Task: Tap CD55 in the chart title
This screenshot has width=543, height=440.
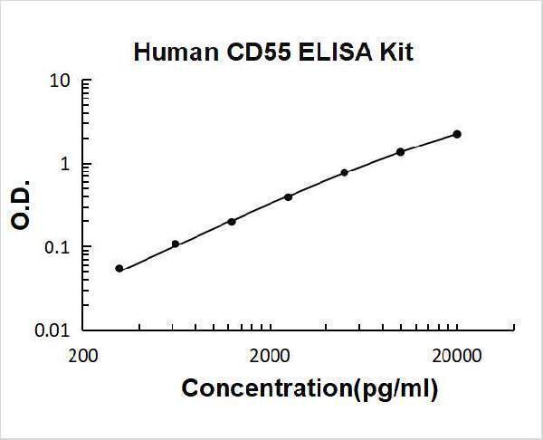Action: [248, 53]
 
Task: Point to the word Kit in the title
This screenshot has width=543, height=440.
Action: [395, 53]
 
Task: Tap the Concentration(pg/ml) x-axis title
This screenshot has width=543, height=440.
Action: [310, 389]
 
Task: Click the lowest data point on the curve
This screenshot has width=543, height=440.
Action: [119, 269]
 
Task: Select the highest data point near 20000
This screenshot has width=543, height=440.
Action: [457, 134]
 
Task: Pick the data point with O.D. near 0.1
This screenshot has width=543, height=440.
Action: [176, 244]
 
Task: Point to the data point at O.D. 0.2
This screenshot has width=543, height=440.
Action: [232, 221]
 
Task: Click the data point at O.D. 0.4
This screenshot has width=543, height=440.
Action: [288, 196]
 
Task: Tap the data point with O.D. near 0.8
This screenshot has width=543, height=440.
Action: [345, 172]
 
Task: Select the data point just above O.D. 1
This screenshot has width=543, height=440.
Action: [401, 151]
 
